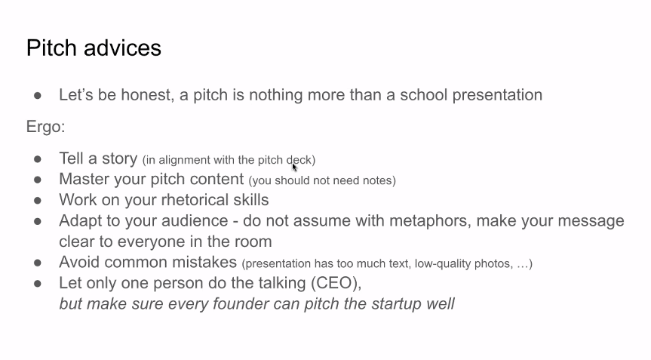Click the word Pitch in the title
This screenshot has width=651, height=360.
[52, 48]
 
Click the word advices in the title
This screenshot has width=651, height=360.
[122, 48]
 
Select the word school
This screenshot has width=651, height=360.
[423, 94]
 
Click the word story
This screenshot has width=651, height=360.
[120, 159]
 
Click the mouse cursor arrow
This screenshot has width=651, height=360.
[294, 168]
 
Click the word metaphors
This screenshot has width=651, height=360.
[430, 221]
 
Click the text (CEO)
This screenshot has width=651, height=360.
[336, 283]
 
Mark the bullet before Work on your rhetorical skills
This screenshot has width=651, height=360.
[38, 201]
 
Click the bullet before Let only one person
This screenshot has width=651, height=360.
[38, 284]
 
